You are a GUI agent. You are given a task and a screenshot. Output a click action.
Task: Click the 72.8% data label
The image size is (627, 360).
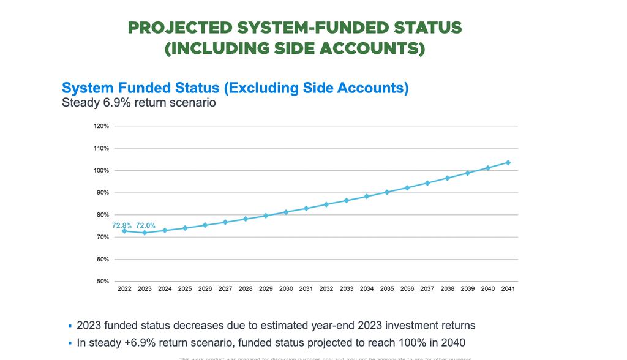pyautogui.click(x=122, y=226)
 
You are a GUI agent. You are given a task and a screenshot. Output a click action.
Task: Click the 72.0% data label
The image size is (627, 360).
pyautogui.click(x=146, y=226)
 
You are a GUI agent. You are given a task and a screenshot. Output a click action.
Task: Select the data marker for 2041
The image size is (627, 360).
pyautogui.click(x=508, y=163)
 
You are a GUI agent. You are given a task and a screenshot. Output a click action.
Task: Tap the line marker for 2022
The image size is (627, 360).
pyautogui.click(x=124, y=231)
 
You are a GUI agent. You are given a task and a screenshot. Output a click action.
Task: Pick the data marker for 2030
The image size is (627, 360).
pyautogui.click(x=286, y=212)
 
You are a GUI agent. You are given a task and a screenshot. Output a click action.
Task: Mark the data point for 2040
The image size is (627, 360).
pyautogui.click(x=488, y=168)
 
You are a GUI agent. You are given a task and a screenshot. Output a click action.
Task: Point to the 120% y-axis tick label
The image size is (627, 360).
pyautogui.click(x=102, y=126)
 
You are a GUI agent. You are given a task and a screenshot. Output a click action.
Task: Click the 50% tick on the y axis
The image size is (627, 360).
pyautogui.click(x=103, y=282)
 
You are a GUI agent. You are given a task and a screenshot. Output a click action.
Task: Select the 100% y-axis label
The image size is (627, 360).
pyautogui.click(x=102, y=171)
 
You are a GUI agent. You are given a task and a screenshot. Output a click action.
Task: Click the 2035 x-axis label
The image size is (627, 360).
pyautogui.click(x=387, y=289)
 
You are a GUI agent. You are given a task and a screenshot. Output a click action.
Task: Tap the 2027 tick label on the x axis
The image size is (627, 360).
pyautogui.click(x=225, y=289)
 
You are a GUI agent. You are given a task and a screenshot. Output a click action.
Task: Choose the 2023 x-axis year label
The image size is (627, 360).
pyautogui.click(x=145, y=289)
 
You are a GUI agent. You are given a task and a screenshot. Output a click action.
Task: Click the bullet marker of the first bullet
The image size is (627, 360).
pyautogui.click(x=70, y=326)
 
